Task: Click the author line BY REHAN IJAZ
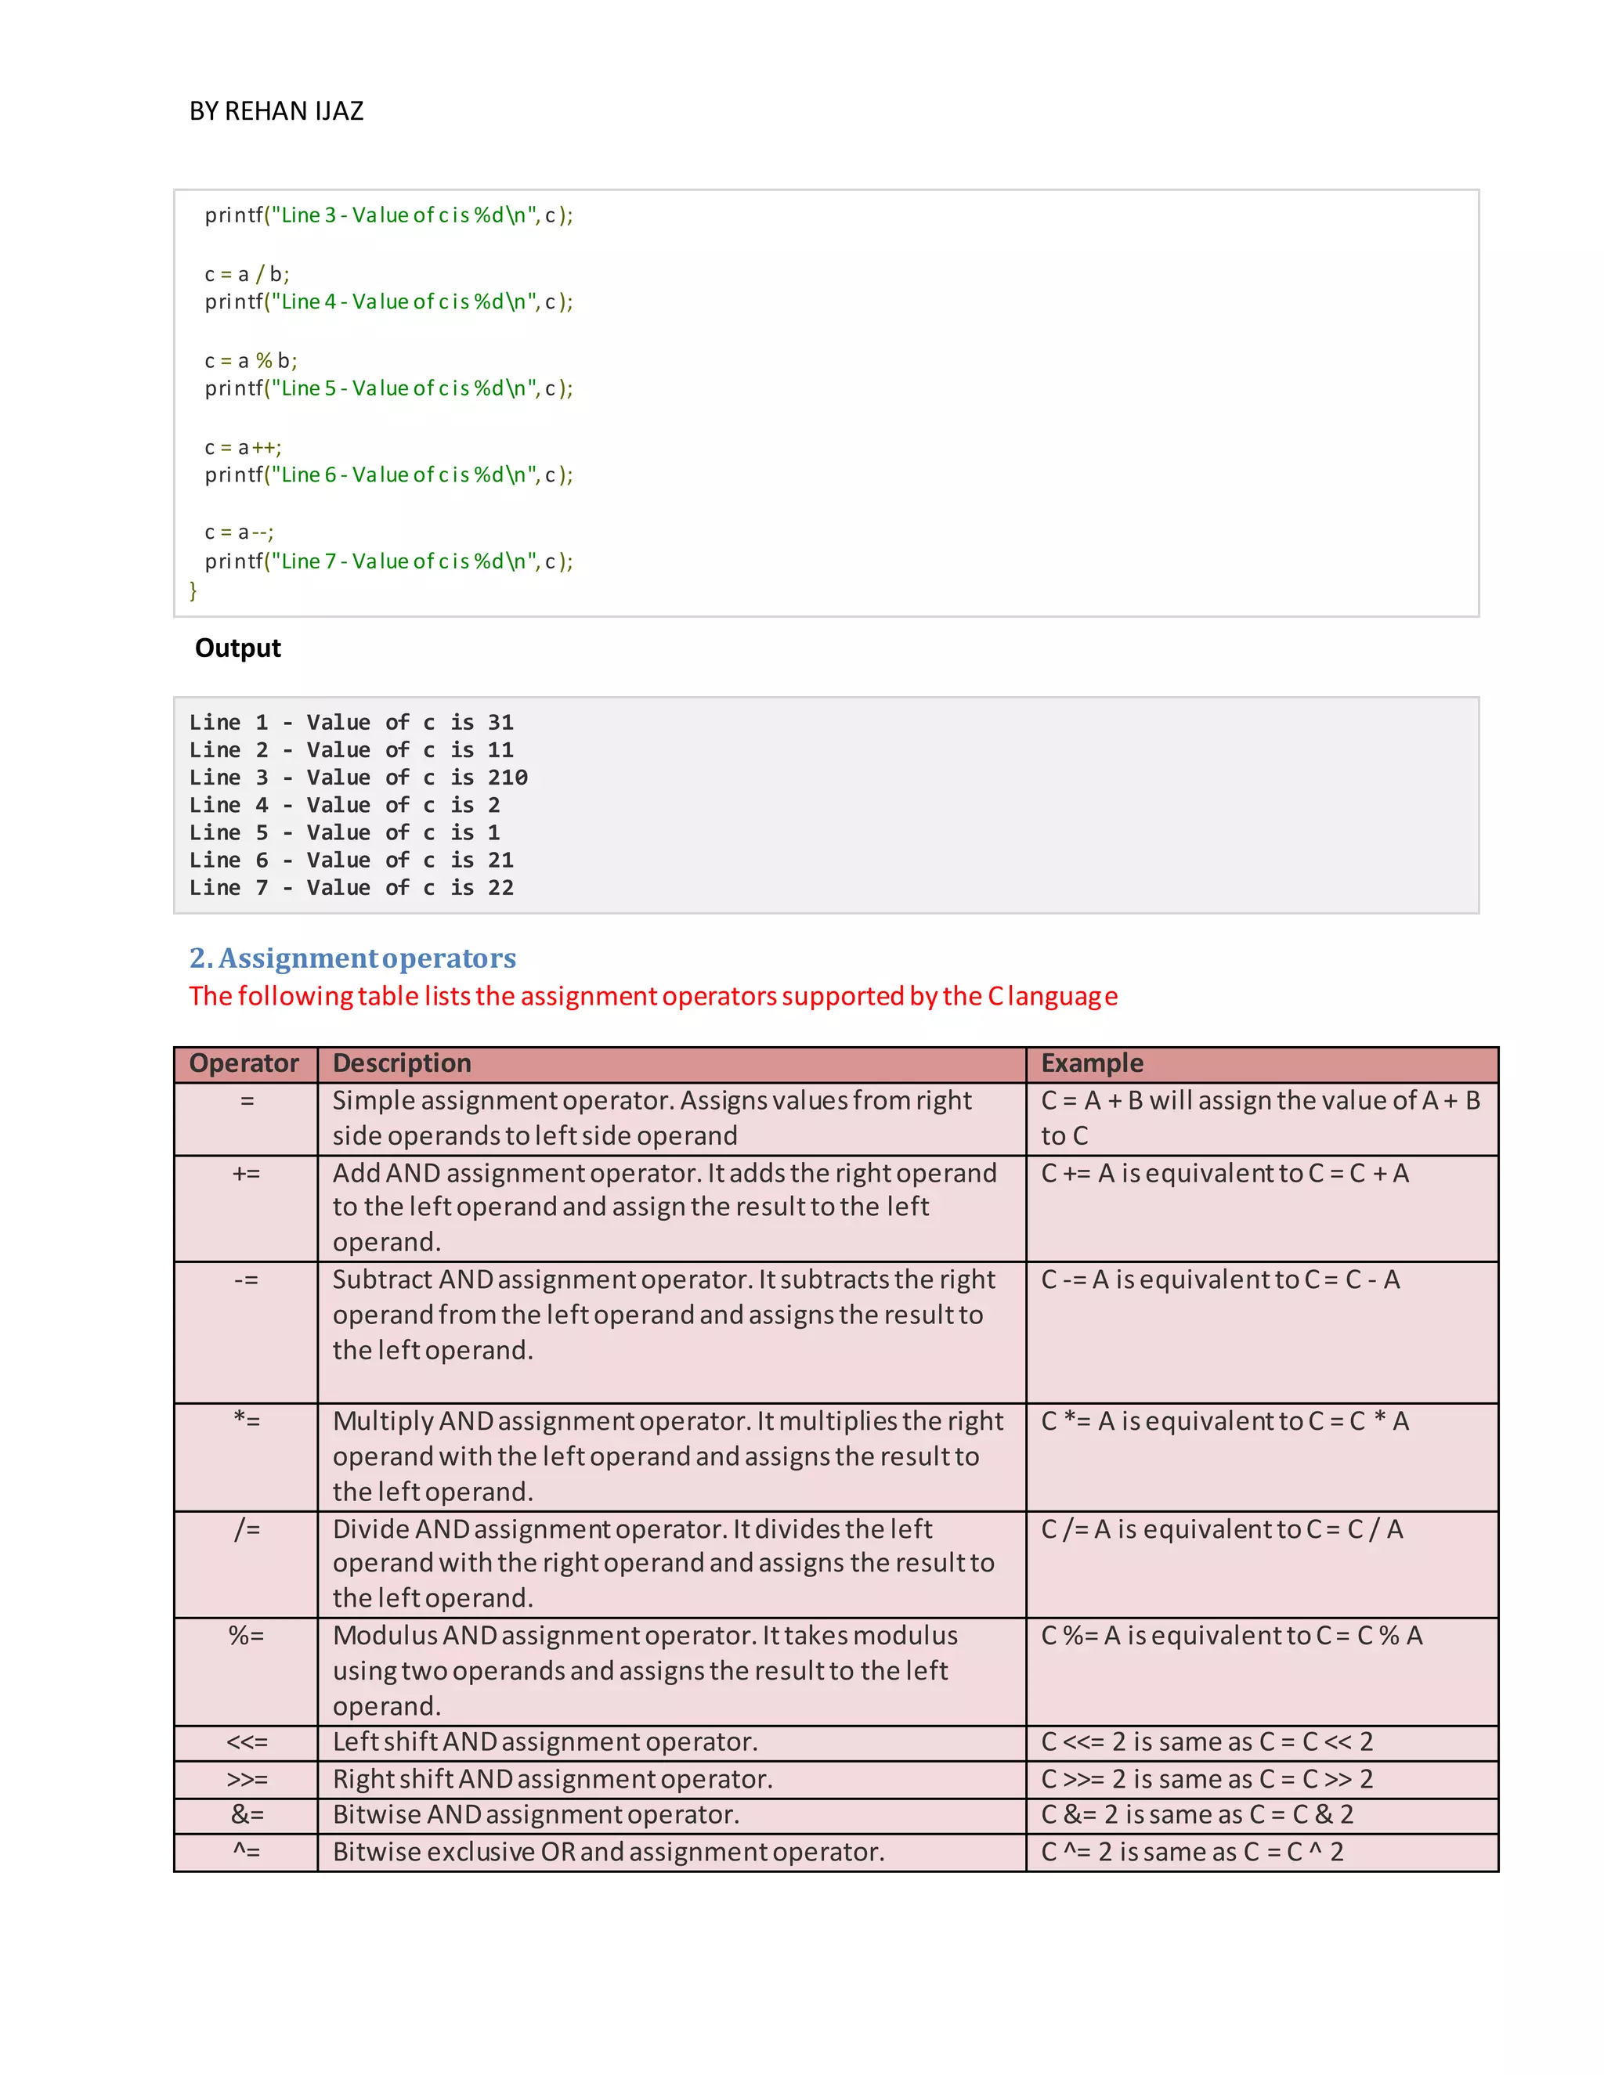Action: [276, 111]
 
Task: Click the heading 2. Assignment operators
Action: [352, 958]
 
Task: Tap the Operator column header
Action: [244, 1063]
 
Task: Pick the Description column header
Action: [402, 1063]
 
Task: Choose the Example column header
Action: [1092, 1063]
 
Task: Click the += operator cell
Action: [246, 1174]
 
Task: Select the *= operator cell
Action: [246, 1420]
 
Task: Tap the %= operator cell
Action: [246, 1635]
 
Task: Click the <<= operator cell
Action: [246, 1741]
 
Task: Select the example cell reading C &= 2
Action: [1197, 1815]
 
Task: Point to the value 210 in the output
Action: [508, 778]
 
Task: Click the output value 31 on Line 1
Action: [500, 722]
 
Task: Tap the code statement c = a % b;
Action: [251, 361]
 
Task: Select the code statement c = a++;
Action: [244, 447]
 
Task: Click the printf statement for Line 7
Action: [388, 561]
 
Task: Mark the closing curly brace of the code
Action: [193, 590]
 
